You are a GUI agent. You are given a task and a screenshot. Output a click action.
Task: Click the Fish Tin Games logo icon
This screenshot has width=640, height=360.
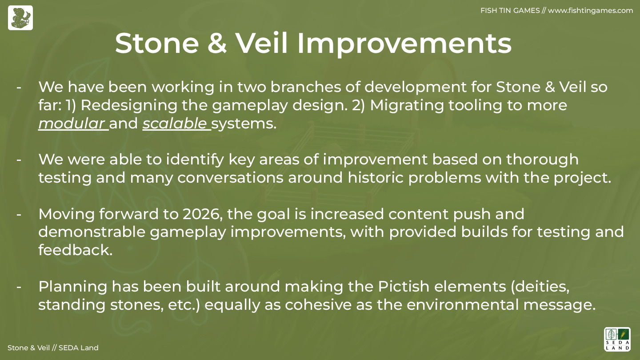click(20, 18)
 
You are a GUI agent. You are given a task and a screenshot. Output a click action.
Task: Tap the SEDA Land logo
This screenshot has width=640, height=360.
click(617, 339)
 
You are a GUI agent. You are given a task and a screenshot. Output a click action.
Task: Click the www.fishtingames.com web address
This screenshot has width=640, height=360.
click(590, 11)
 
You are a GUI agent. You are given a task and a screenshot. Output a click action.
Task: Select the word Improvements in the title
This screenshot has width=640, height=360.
click(404, 44)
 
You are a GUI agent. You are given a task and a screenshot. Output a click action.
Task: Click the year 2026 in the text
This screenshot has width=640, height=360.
click(202, 214)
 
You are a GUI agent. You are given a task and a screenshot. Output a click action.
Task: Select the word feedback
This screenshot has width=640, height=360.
click(76, 250)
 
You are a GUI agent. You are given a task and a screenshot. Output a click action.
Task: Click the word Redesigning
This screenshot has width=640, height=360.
click(129, 105)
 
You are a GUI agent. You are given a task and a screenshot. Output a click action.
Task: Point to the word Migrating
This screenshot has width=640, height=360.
click(407, 105)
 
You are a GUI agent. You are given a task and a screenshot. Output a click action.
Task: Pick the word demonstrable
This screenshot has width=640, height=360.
click(92, 232)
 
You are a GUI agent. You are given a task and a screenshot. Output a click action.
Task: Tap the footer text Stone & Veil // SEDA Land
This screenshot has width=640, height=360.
click(53, 348)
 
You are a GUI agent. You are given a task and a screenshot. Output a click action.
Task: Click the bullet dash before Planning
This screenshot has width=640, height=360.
click(19, 287)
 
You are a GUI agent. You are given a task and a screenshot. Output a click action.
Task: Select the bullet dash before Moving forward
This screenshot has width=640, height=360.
click(19, 214)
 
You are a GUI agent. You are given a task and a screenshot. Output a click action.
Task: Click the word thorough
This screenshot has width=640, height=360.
click(542, 160)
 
